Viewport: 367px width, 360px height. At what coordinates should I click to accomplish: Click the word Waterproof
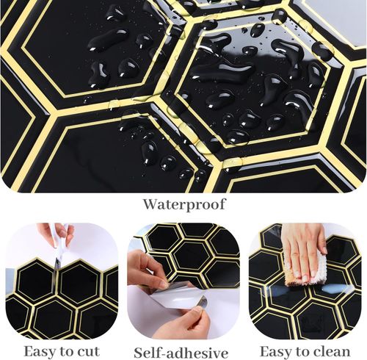pyautogui.click(x=184, y=204)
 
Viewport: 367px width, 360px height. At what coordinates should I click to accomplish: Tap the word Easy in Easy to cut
pyautogui.click(x=40, y=352)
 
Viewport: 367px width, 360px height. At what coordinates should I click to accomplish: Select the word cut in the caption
pyautogui.click(x=88, y=352)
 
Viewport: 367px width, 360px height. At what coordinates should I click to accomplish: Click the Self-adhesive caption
pyautogui.click(x=181, y=353)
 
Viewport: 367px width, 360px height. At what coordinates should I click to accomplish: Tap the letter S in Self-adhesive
pyautogui.click(x=139, y=353)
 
